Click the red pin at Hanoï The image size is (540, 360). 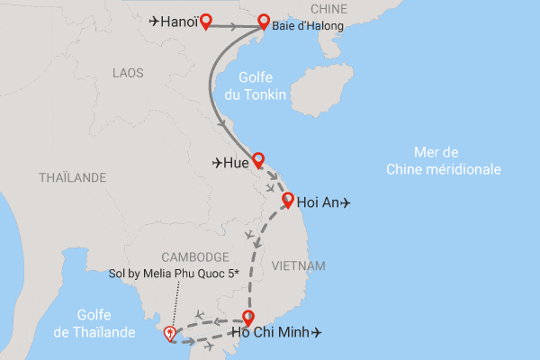pyautogui.click(x=205, y=21)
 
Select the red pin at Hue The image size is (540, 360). pyautogui.click(x=258, y=159)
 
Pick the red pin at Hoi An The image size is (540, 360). pyautogui.click(x=288, y=201)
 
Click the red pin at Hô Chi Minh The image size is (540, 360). pyautogui.click(x=249, y=317)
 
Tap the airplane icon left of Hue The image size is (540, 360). pyautogui.click(x=217, y=163)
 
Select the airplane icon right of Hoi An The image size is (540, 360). pyautogui.click(x=346, y=203)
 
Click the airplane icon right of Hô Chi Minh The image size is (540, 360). pyautogui.click(x=315, y=334)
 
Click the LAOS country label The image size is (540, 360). pyautogui.click(x=129, y=72)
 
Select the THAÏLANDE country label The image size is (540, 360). pyautogui.click(x=73, y=178)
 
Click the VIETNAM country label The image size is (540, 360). pyautogui.click(x=296, y=265)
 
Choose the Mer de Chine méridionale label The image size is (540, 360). pyautogui.click(x=444, y=160)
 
